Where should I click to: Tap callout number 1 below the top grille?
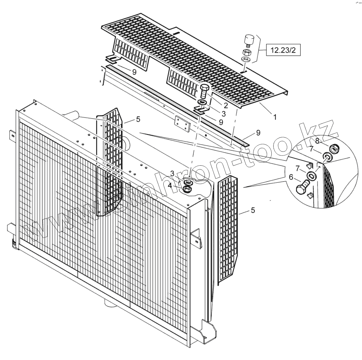coord(275,117)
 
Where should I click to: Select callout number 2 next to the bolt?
coord(226,106)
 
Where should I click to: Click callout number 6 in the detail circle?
coord(291,177)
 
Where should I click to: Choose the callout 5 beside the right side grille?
coord(253,210)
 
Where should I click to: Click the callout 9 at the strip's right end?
coord(258,133)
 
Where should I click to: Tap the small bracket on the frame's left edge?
coord(12,135)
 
